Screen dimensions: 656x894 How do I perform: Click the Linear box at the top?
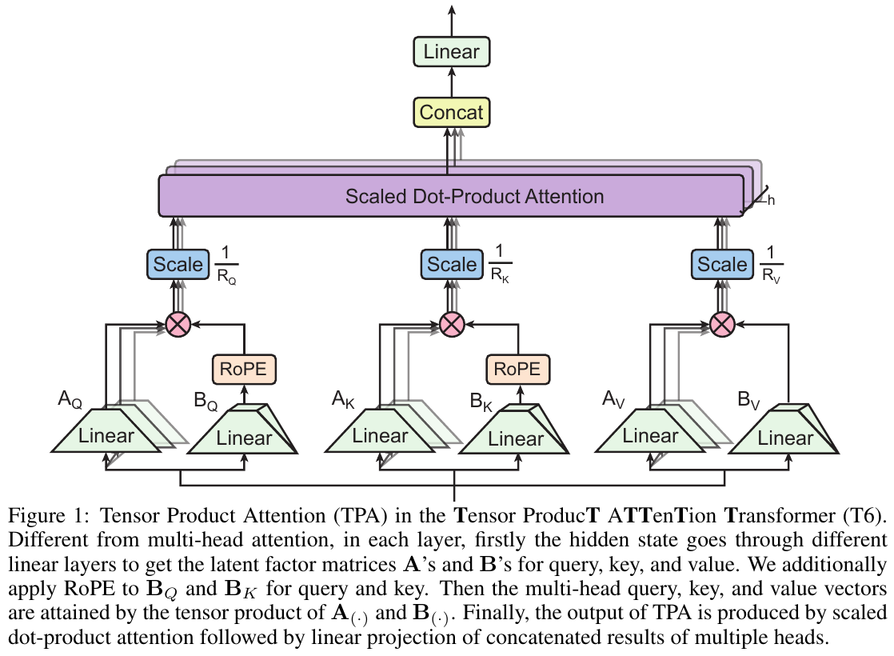coord(452,53)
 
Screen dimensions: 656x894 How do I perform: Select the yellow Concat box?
coord(452,112)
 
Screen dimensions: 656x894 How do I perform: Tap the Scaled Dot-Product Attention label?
coord(474,196)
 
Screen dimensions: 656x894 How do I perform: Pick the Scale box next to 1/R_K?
coord(452,264)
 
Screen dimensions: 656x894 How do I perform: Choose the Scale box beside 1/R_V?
coord(723,264)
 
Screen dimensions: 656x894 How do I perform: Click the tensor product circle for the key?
coord(453,324)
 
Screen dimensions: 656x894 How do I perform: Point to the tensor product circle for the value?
coord(723,324)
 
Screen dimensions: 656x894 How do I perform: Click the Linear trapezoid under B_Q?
coord(244,438)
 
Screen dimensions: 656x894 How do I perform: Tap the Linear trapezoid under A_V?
coord(650,437)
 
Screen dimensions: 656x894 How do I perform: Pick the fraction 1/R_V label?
coord(771,265)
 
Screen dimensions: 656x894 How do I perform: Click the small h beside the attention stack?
coord(771,201)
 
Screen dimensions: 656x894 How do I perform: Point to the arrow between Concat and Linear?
coord(452,82)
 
